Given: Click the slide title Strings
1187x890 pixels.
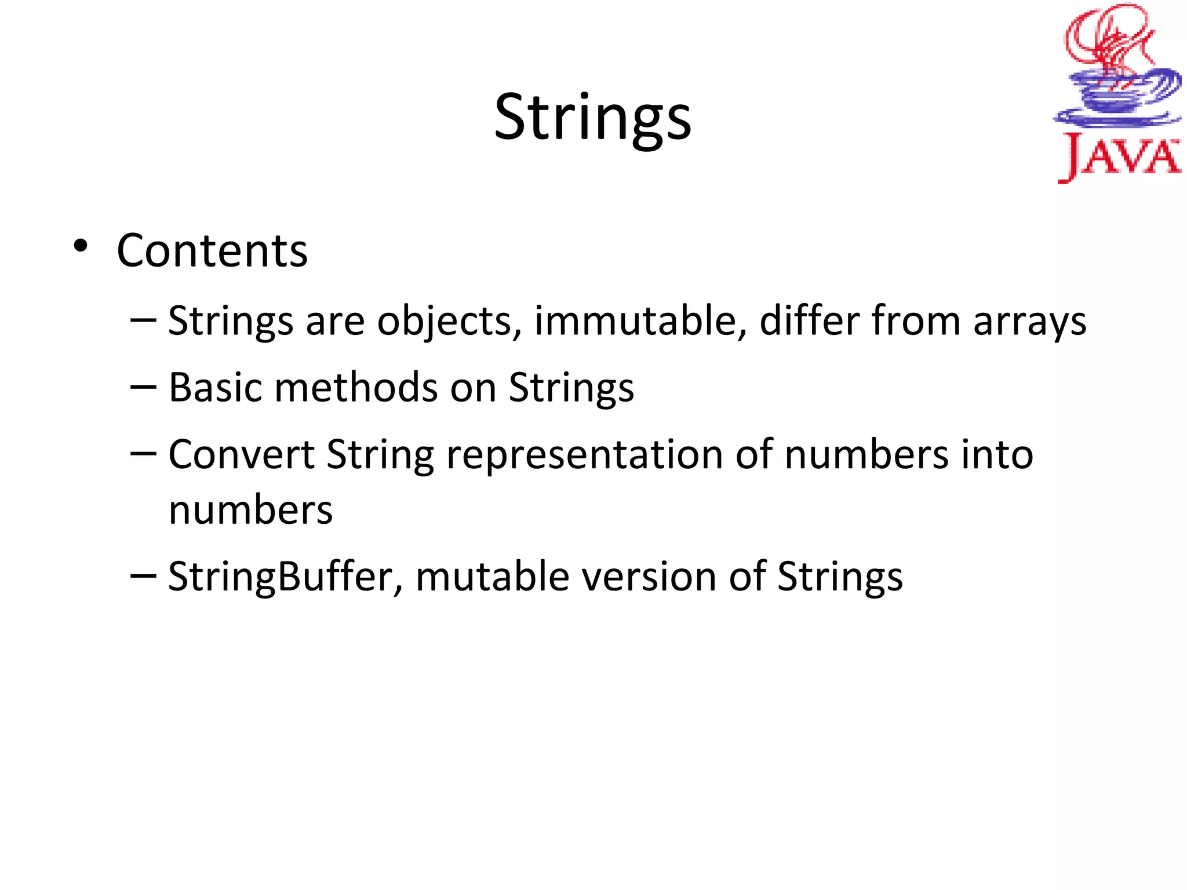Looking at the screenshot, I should tap(592, 118).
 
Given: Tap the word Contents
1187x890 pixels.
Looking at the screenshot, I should tap(212, 251).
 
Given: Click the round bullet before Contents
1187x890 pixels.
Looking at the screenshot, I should tap(81, 246).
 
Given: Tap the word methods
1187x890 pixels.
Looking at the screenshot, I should tap(356, 387).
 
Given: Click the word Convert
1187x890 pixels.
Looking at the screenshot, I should tap(241, 454).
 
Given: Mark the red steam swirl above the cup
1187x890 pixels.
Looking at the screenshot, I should tap(1104, 41).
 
